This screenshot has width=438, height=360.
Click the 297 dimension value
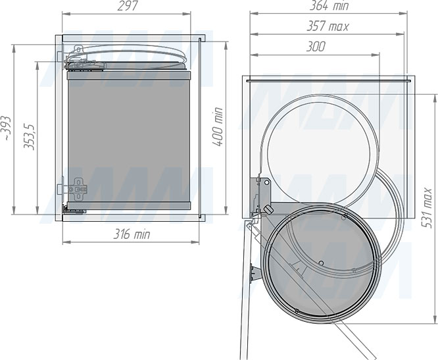(128, 6)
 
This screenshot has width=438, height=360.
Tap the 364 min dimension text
(329, 5)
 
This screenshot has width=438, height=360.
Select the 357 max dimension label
(328, 26)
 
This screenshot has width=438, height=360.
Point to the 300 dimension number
(316, 47)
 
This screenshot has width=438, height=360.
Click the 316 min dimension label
(132, 234)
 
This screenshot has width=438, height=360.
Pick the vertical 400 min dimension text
(217, 126)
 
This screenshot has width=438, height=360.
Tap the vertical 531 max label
(427, 208)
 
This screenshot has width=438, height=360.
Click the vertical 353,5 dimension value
(29, 137)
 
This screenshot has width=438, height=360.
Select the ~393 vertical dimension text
(6, 128)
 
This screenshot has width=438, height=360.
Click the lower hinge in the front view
(78, 190)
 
